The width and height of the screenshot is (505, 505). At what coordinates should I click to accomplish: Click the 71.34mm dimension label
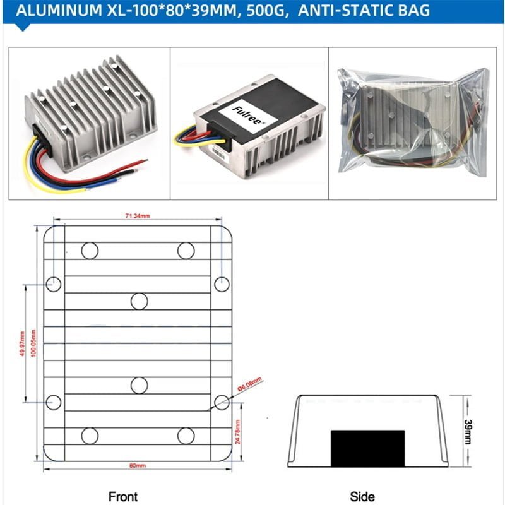(137, 217)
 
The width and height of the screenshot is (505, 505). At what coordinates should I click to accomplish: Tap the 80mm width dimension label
(137, 466)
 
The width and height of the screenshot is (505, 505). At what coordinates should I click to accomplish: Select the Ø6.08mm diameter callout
(248, 383)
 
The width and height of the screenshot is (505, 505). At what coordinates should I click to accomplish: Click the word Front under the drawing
(122, 497)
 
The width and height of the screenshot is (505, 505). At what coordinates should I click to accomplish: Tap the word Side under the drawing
(362, 497)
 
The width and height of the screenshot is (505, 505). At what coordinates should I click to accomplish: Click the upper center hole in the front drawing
(139, 302)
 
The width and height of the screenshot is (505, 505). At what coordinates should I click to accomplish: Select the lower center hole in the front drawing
(139, 385)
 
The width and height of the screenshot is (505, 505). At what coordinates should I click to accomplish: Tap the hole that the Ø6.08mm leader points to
(221, 401)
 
